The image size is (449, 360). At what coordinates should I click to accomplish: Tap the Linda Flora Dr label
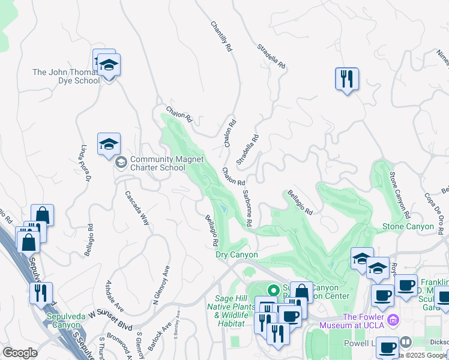84,163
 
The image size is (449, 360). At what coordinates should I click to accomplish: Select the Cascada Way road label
137,208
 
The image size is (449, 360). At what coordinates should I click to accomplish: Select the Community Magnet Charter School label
166,163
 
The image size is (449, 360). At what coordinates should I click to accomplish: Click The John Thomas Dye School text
66,76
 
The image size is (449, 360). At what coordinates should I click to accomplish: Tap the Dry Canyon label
237,255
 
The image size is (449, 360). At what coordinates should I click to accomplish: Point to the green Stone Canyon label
408,227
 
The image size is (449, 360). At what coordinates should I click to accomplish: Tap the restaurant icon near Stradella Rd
346,79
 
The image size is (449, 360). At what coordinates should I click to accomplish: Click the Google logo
20,353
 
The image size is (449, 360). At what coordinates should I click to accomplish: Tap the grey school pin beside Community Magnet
121,163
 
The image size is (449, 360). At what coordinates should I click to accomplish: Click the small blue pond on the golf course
223,208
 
